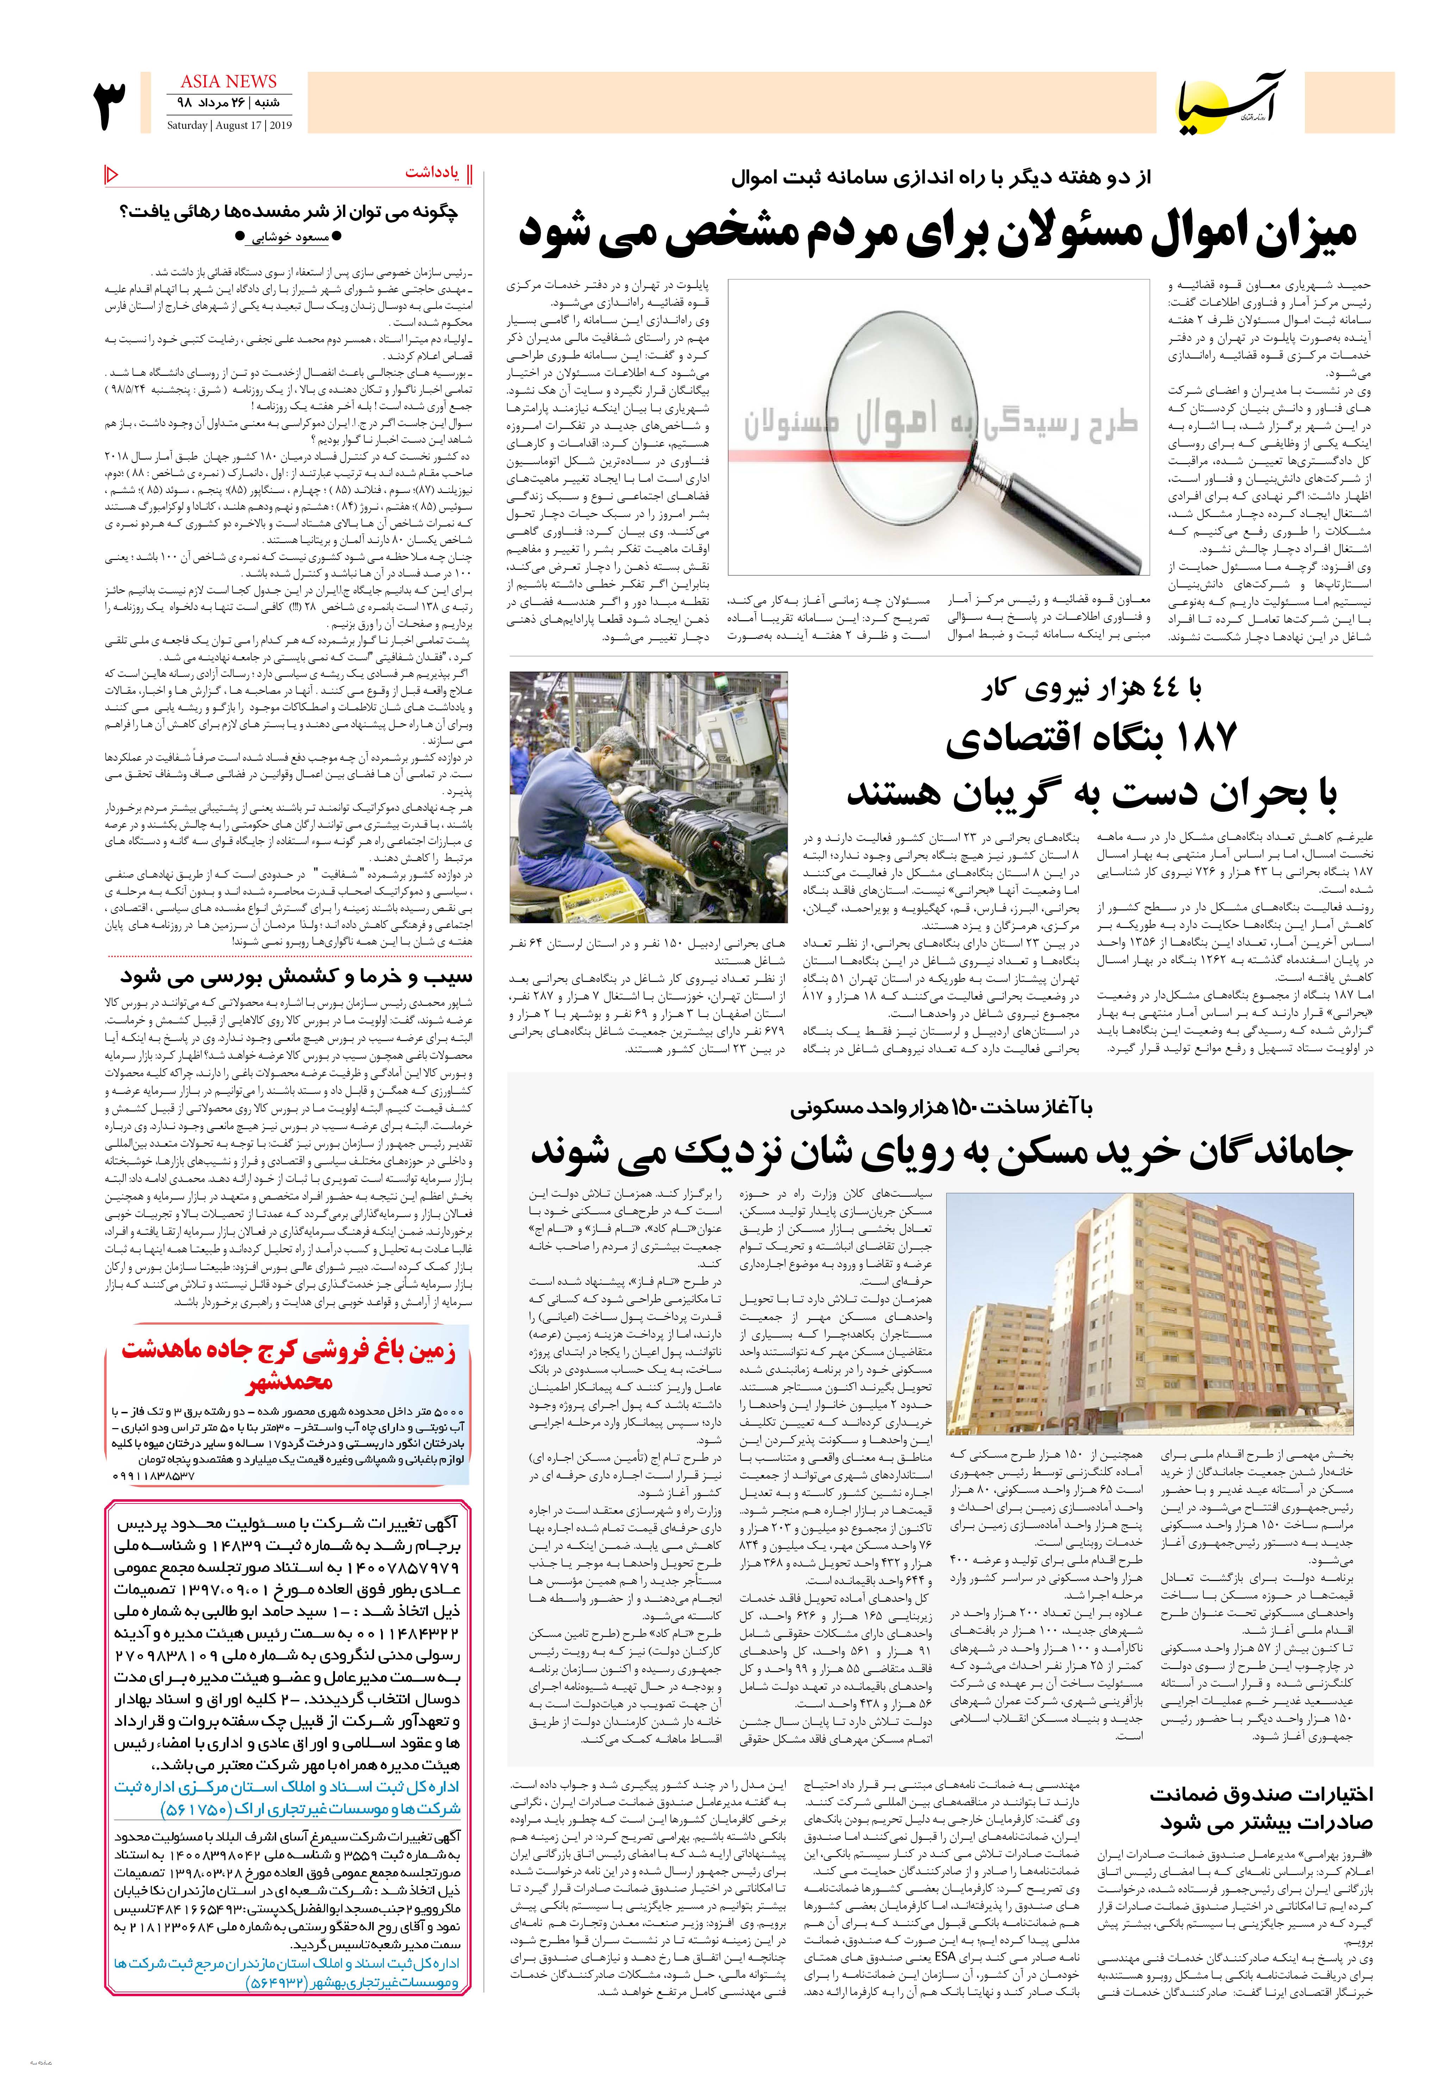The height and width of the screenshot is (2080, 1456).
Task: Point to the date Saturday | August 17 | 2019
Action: [223, 126]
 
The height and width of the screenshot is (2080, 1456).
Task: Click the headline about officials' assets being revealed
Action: [938, 232]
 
